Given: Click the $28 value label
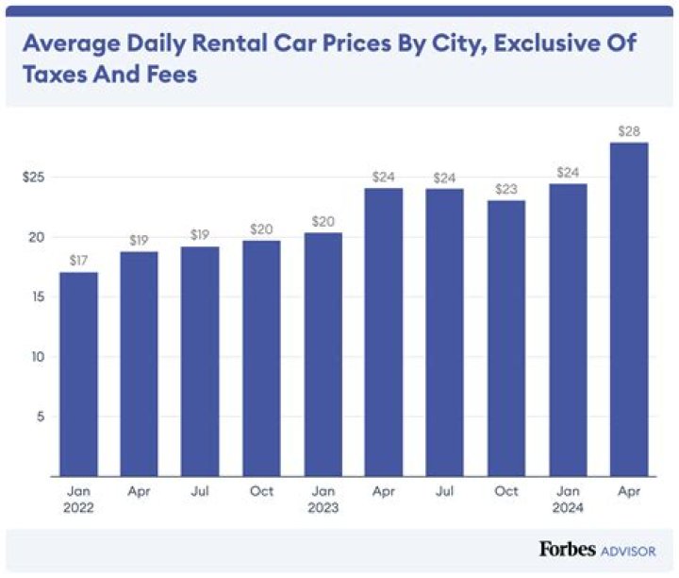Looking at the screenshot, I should [629, 131].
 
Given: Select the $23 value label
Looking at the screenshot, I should [506, 189].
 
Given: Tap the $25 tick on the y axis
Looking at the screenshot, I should [35, 178].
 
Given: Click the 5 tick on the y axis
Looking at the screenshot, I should [41, 416].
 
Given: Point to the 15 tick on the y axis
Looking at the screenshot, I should [38, 297].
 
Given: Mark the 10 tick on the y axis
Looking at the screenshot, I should [38, 357].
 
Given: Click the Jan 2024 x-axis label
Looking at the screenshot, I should [568, 500].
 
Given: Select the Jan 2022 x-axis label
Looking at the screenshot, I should [78, 500].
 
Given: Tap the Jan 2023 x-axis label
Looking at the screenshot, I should [323, 500].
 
